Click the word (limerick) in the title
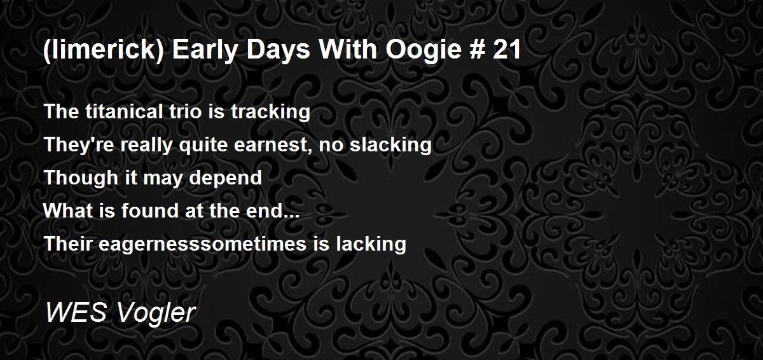[x=104, y=50]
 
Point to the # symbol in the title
[x=476, y=50]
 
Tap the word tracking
[x=270, y=113]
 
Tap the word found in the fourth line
[x=150, y=211]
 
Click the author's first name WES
[x=76, y=312]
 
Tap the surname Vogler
[x=156, y=314]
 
